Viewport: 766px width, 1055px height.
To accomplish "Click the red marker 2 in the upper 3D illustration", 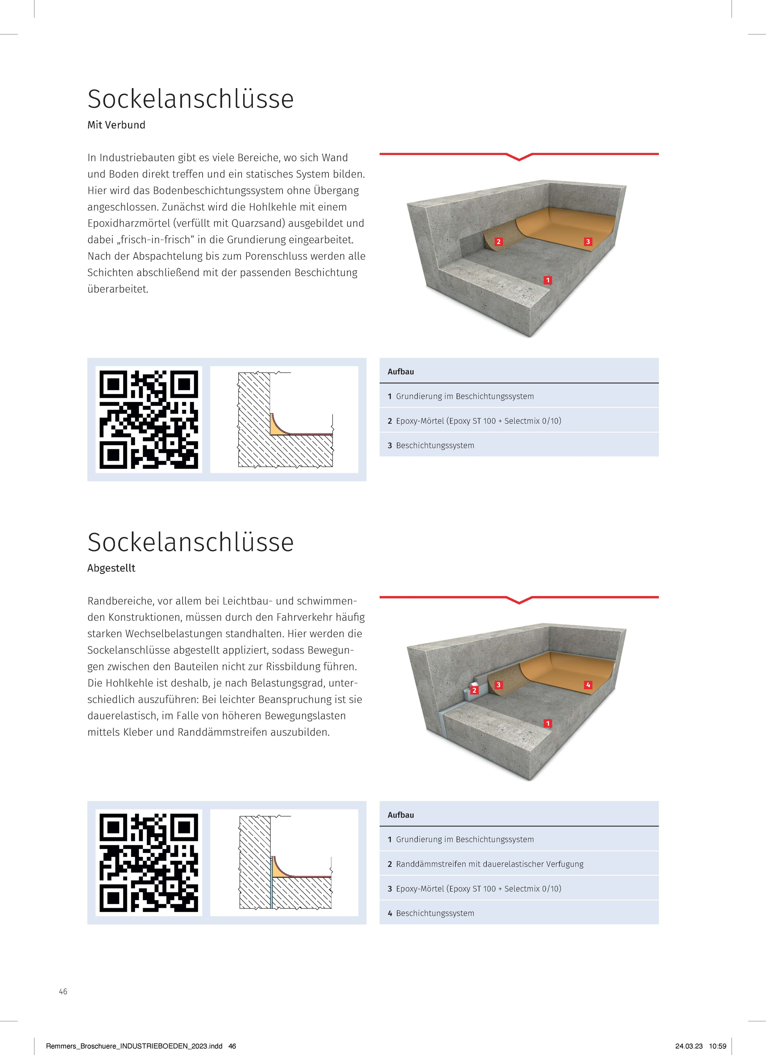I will pyautogui.click(x=499, y=242).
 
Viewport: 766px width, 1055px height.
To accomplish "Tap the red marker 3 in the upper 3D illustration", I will pyautogui.click(x=588, y=242).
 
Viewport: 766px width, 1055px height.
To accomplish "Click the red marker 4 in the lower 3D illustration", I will pyautogui.click(x=588, y=685).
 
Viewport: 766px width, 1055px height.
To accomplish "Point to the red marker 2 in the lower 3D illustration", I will pyautogui.click(x=474, y=690).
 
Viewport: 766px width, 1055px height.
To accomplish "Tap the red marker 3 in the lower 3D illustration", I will pyautogui.click(x=499, y=685).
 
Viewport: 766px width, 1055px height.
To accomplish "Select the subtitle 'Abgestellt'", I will pyautogui.click(x=111, y=568).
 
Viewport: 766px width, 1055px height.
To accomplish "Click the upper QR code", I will pyautogui.click(x=149, y=420).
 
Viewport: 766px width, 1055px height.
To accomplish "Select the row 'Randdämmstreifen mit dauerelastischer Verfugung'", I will pyautogui.click(x=489, y=864).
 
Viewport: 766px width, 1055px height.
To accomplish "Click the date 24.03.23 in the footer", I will pyautogui.click(x=689, y=1046).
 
